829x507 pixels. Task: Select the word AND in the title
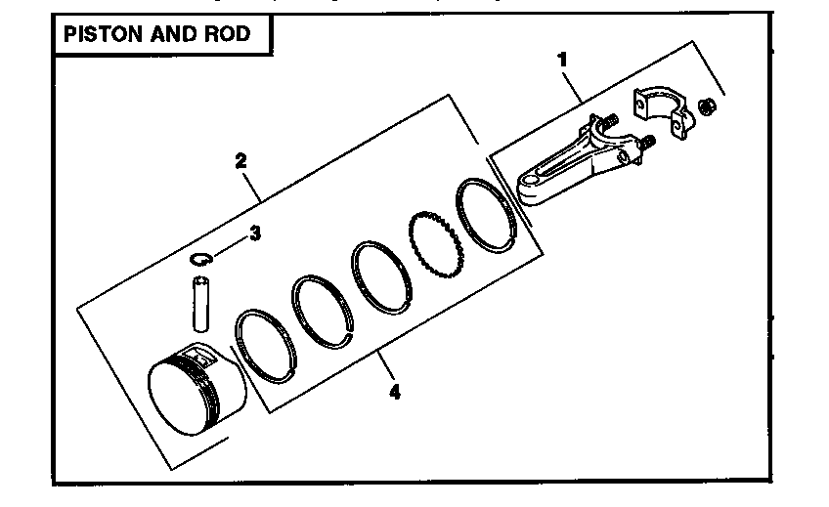tap(173, 34)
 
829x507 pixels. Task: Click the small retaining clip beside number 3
tap(202, 258)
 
